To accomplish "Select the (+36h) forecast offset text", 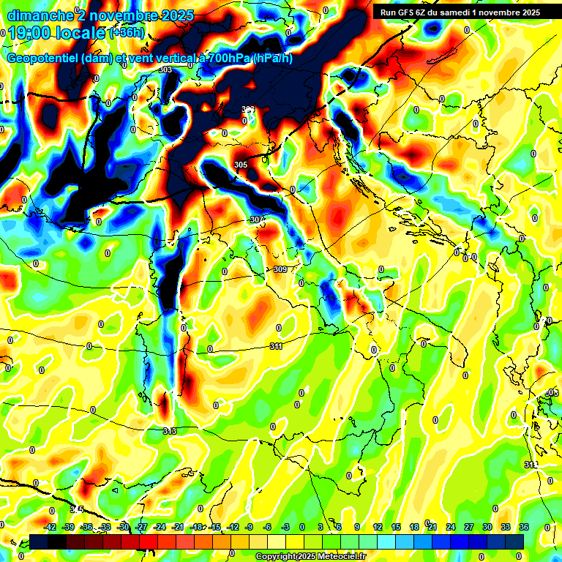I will point(127,34).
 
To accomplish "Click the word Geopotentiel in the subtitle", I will point(44,59).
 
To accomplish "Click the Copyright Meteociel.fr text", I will point(310,557).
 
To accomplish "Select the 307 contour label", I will point(256,220).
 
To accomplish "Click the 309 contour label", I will point(280,269).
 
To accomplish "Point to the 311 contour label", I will point(276,346).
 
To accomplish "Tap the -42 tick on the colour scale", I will point(50,527).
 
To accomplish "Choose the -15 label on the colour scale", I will point(215,527).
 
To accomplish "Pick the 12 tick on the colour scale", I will point(378,527).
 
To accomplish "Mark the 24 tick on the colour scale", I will point(450,527).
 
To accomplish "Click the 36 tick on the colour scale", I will point(523,527).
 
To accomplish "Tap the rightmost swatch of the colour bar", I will point(514,542).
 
